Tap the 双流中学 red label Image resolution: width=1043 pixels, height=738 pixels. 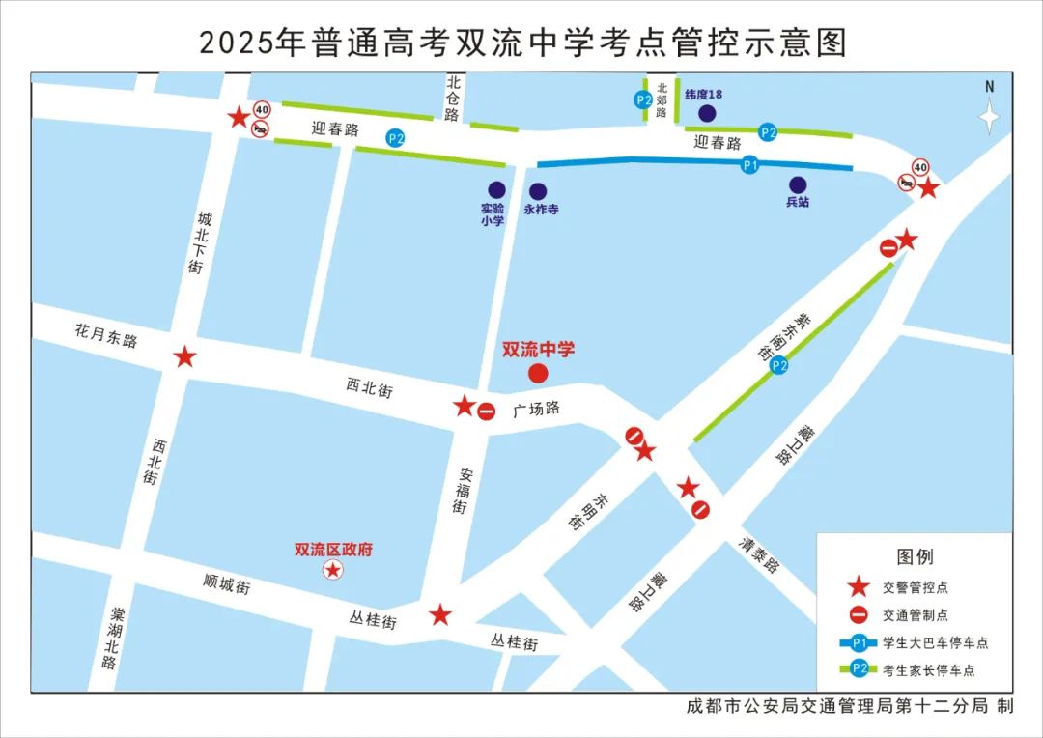coord(538,350)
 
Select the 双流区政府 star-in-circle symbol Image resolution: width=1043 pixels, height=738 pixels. coord(333,570)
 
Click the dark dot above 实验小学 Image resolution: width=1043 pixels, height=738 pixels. coord(496,190)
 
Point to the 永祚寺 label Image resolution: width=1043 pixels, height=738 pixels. coord(541,209)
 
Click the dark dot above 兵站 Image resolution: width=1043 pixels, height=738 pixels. coord(798,185)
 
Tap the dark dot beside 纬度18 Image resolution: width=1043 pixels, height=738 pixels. coord(707,114)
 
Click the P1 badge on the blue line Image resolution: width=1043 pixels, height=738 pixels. coord(749,166)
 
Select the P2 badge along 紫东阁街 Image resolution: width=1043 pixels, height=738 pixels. coord(779,365)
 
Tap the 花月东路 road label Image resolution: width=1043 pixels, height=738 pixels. coord(106,335)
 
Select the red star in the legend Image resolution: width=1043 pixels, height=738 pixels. coord(857,585)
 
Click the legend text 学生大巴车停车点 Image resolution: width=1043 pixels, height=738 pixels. coord(935,643)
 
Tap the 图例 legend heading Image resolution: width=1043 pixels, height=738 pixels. coord(915,557)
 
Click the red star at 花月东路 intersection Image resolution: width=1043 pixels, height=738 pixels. coord(184,357)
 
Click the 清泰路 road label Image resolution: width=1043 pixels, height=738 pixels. coord(759,555)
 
